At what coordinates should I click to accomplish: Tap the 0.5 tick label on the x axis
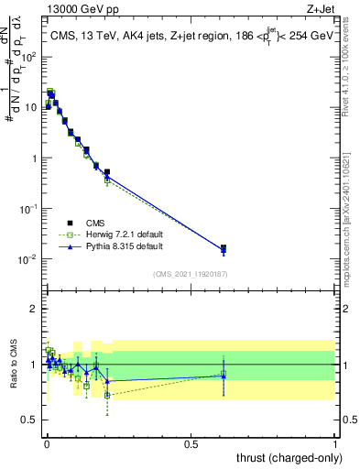click(x=191, y=443)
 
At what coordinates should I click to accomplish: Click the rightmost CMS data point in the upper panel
click(x=224, y=247)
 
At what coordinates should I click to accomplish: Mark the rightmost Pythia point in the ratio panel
click(x=224, y=375)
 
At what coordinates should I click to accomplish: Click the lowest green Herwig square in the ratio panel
click(x=107, y=395)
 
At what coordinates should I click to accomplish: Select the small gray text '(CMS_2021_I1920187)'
click(x=191, y=274)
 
